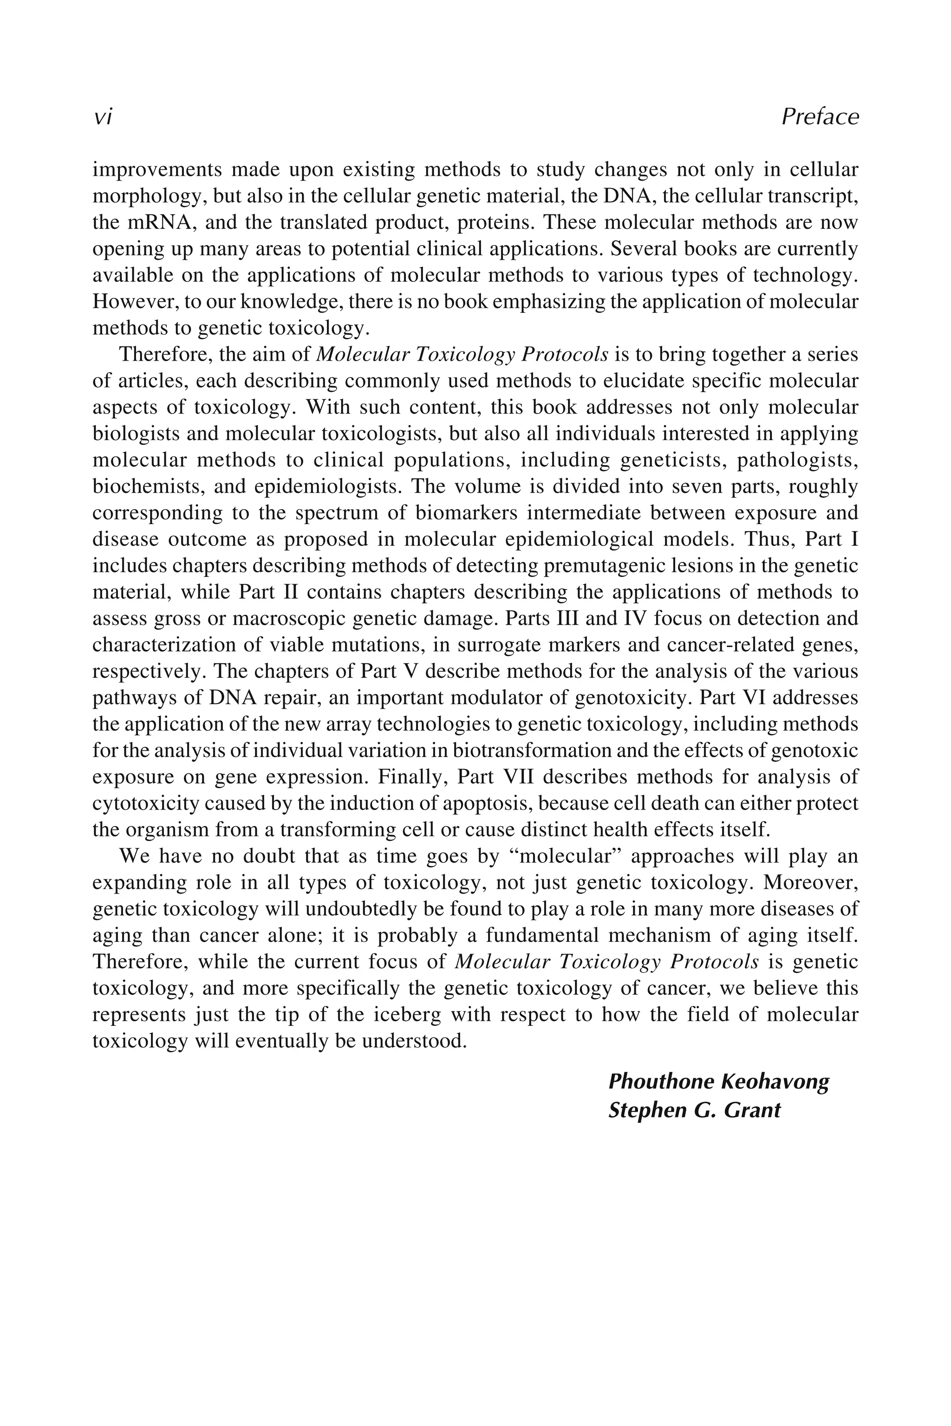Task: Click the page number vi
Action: click(103, 117)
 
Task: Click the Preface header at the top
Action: click(820, 117)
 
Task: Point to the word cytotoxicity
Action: click(145, 804)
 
